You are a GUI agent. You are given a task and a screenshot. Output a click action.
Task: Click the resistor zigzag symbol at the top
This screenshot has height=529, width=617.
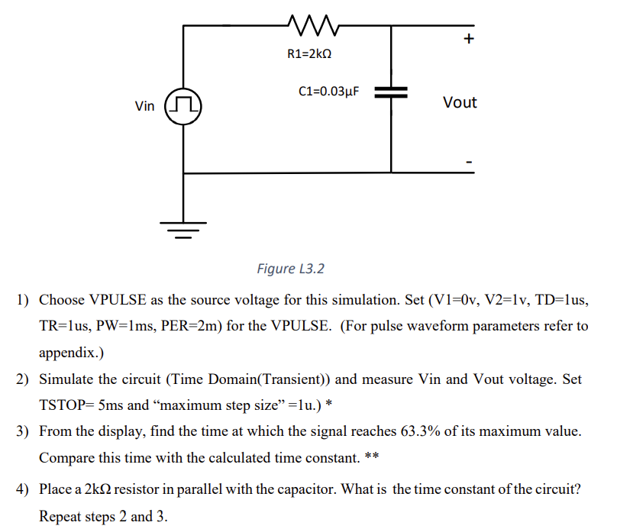[310, 26]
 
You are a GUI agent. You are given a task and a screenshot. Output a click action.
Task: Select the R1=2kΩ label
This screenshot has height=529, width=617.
[310, 54]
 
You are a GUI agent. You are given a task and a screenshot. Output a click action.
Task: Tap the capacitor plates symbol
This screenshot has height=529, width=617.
[391, 92]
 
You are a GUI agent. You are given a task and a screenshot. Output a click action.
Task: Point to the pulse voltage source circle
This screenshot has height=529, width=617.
[183, 106]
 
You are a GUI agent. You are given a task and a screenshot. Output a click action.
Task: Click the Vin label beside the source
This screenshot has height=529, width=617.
[144, 106]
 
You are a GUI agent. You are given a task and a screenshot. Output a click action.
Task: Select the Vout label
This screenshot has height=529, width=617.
[460, 102]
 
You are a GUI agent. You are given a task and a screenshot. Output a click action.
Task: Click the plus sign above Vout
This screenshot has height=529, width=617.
[469, 38]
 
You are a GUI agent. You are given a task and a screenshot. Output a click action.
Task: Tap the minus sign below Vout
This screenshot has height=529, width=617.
[470, 162]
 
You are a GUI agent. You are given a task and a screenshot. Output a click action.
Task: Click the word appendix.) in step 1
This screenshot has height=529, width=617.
[71, 353]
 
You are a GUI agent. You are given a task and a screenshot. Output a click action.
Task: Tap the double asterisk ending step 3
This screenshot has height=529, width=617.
[372, 458]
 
